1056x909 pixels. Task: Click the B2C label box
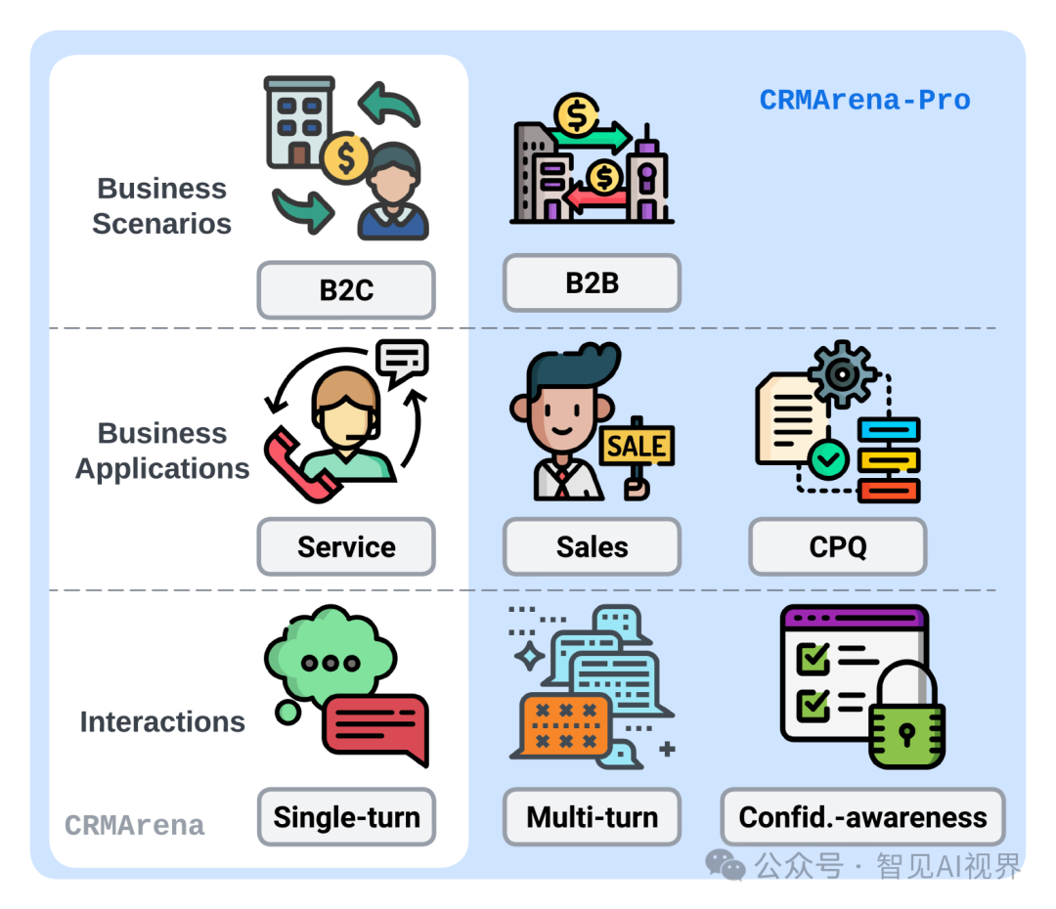pos(346,290)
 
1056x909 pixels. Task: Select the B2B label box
pos(592,283)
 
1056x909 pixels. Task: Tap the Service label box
pos(346,546)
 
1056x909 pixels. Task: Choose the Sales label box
pos(592,546)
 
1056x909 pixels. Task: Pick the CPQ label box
pos(837,546)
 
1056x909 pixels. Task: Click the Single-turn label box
pos(346,817)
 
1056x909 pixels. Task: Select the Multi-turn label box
pos(592,817)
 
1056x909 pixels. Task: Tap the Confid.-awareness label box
pos(862,817)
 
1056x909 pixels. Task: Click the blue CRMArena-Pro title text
pos(864,100)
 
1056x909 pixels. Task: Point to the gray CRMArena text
pos(135,826)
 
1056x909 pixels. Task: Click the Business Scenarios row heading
pos(161,205)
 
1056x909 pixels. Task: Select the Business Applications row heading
pos(162,451)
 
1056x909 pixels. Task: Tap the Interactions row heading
pos(162,722)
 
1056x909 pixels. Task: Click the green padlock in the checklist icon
pos(906,723)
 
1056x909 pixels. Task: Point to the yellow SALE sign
pos(636,447)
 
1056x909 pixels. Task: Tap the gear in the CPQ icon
pos(842,374)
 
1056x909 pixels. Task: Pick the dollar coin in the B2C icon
pos(346,156)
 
